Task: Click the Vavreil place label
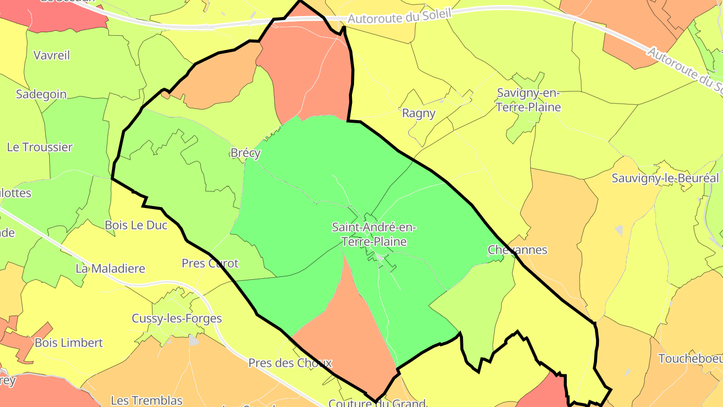(x=52, y=55)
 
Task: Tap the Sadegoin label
(x=41, y=94)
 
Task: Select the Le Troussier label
(x=40, y=147)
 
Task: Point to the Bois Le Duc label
(x=136, y=225)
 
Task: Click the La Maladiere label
(x=110, y=268)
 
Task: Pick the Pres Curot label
(x=210, y=263)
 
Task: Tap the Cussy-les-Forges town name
(x=177, y=319)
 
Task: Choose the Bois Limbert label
(x=69, y=343)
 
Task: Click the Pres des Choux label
(x=290, y=363)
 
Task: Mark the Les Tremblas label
(x=147, y=400)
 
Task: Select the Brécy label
(x=246, y=153)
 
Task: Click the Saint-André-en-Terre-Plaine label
(x=374, y=235)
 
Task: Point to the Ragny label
(x=419, y=114)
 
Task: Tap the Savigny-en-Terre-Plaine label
(x=529, y=100)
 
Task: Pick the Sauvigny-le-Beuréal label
(x=665, y=178)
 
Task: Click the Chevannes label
(x=518, y=250)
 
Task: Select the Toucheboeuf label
(x=690, y=359)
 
